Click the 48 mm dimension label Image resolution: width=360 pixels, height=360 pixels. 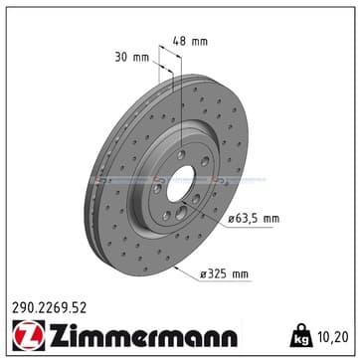point(190,41)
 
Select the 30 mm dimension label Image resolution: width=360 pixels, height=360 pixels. point(132,57)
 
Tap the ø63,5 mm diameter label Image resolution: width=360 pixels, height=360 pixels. point(254,219)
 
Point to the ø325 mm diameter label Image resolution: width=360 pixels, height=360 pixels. point(224,273)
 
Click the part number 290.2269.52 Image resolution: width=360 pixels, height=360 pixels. point(49,308)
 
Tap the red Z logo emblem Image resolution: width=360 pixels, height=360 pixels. point(29,335)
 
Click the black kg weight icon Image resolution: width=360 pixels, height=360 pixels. point(301,336)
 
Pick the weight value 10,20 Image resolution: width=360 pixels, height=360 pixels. point(334,337)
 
